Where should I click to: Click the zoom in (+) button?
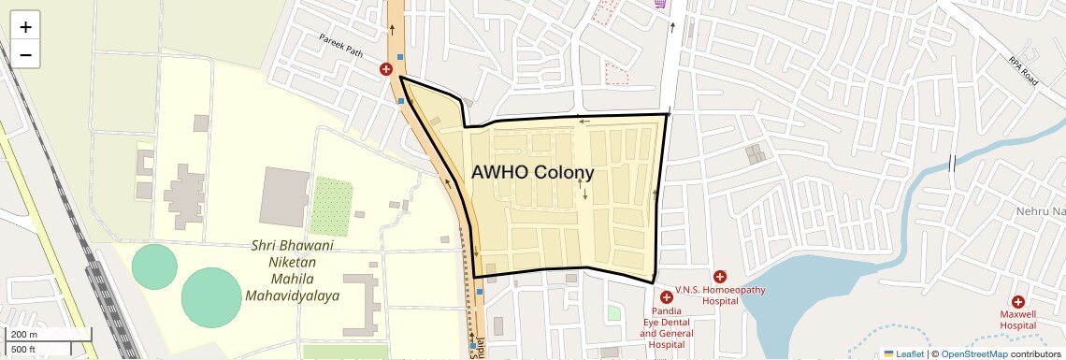coord(25,27)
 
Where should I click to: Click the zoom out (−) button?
coord(25,55)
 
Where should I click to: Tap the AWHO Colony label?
coord(532,173)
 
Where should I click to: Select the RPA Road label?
coord(1023,70)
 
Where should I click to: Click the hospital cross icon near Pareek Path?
coord(386,68)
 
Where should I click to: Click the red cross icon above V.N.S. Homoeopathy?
coord(719,276)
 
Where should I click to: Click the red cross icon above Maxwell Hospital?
coord(1018,301)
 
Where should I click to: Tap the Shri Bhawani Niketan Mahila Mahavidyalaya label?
coord(292,271)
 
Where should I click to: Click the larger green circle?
coord(211,297)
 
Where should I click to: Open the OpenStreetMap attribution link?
coord(973,353)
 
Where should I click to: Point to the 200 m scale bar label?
coord(23,335)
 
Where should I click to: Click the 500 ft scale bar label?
coord(23,349)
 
